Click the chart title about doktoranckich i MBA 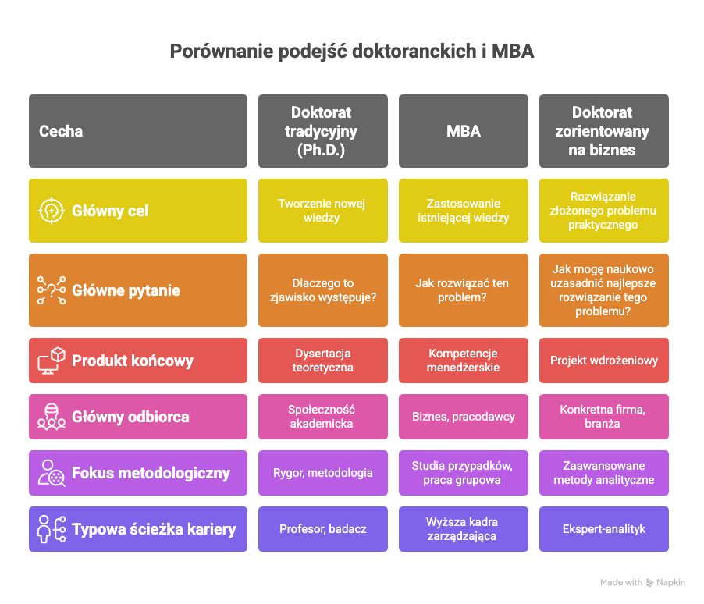tap(351, 52)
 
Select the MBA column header tap(464, 131)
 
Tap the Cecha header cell tap(138, 131)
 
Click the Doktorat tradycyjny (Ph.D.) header tap(323, 131)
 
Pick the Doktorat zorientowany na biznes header tap(604, 131)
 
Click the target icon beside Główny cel tap(52, 211)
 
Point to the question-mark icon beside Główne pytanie tap(52, 290)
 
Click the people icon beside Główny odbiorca tap(52, 417)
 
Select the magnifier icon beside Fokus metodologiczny tap(52, 473)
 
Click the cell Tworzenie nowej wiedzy tap(323, 211)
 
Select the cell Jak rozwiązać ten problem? tap(464, 290)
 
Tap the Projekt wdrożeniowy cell tap(604, 361)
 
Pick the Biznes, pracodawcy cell tap(464, 417)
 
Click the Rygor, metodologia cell tap(323, 473)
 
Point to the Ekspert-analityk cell tap(604, 529)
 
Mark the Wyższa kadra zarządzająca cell tap(464, 529)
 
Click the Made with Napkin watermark tap(642, 582)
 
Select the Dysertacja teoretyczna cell tap(323, 361)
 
